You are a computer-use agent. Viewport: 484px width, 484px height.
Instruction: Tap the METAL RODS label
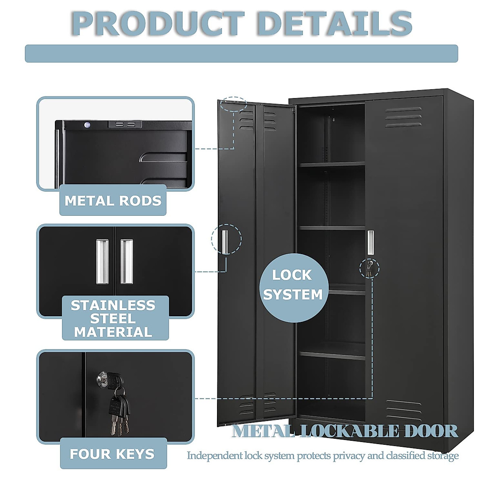click(x=113, y=200)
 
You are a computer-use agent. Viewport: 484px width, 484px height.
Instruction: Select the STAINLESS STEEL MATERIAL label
click(x=113, y=318)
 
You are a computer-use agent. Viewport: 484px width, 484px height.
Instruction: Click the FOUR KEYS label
click(x=112, y=454)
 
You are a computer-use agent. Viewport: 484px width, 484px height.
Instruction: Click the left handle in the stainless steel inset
click(x=102, y=262)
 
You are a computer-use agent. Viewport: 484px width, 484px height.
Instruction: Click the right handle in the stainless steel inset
click(x=126, y=262)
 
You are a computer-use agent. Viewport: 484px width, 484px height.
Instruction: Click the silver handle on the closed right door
click(x=370, y=242)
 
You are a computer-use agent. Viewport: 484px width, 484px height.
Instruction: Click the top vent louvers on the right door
click(x=403, y=117)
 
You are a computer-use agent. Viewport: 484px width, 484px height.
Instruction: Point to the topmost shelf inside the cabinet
click(x=332, y=164)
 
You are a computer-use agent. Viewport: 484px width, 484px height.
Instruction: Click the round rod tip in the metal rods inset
click(x=87, y=125)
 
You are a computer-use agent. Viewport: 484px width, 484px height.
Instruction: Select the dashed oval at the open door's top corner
click(x=234, y=104)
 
